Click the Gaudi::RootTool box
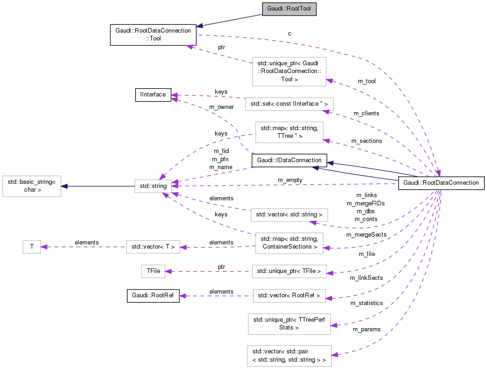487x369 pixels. [289, 9]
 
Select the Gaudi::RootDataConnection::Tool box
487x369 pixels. [153, 35]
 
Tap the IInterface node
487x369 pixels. [153, 95]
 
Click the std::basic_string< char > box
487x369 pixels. [32, 186]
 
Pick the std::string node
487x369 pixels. [153, 186]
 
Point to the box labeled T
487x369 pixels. [32, 247]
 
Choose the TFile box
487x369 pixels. [153, 272]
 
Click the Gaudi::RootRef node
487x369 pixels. [153, 295]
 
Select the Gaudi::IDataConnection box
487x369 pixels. [289, 160]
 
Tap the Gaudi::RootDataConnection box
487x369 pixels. [441, 182]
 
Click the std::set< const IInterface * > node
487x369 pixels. [289, 104]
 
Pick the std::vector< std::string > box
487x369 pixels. [289, 215]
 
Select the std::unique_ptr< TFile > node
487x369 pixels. [289, 271]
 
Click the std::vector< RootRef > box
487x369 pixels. [289, 295]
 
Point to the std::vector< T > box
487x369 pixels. [153, 247]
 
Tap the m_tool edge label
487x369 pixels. [367, 81]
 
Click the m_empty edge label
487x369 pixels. [290, 180]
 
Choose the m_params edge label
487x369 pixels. [367, 329]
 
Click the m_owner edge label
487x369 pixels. [221, 107]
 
